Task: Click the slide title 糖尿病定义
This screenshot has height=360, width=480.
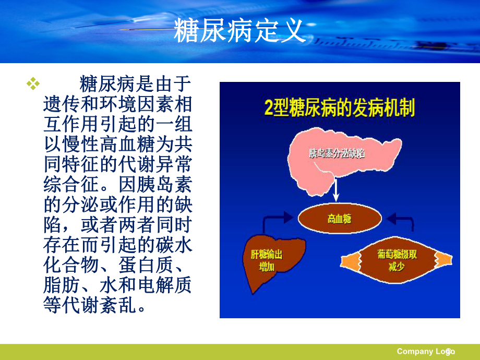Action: [x=239, y=31]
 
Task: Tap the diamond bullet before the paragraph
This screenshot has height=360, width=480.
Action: [x=33, y=83]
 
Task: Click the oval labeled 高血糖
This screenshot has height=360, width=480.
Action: [x=339, y=219]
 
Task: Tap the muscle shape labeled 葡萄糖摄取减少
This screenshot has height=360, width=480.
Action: [x=397, y=260]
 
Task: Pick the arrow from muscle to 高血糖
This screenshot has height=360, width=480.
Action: [x=404, y=221]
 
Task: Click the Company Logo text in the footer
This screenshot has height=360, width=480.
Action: [x=425, y=351]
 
